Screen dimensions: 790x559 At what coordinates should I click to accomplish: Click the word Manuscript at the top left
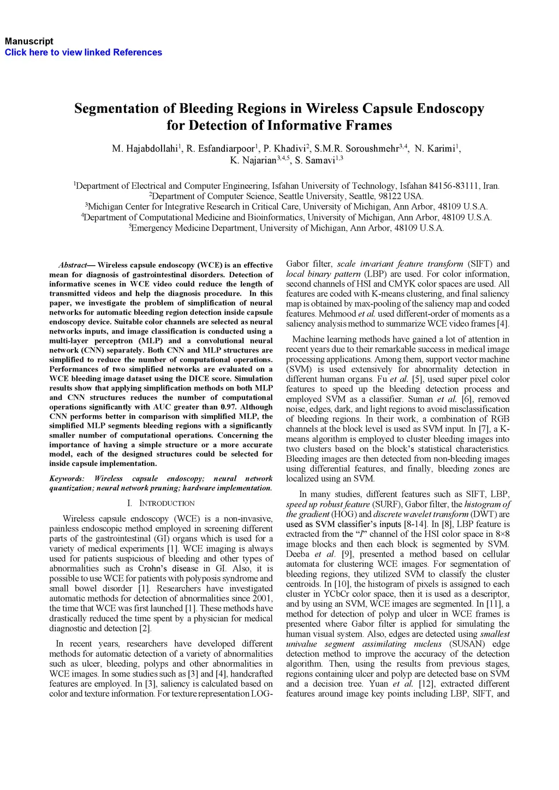click(x=29, y=41)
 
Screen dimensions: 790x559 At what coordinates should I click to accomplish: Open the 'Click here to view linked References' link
click(x=84, y=52)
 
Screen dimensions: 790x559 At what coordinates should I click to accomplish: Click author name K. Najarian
click(x=253, y=160)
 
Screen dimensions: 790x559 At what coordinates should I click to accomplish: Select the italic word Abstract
click(x=73, y=265)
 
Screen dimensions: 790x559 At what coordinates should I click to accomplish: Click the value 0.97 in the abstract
click(x=229, y=407)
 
